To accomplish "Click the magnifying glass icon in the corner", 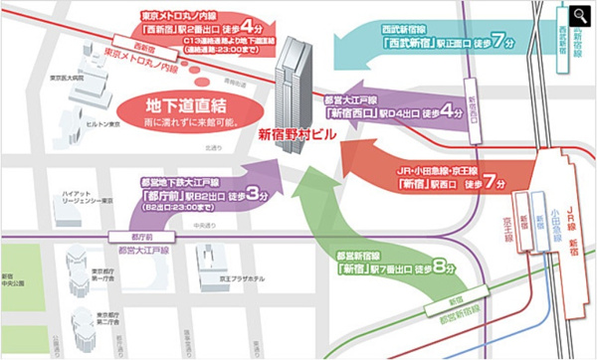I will [x=579, y=15].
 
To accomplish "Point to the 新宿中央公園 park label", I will [x=8, y=283].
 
